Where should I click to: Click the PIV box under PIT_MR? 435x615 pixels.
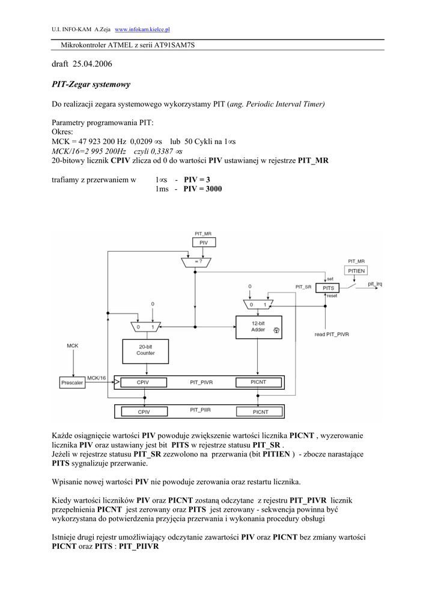tap(204, 243)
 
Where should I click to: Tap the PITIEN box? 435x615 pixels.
tap(356, 271)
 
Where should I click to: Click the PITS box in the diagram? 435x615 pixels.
tap(328, 288)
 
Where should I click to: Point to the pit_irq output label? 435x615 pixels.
tap(376, 284)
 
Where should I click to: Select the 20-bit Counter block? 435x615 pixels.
tap(145, 350)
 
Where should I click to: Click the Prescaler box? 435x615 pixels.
tap(72, 383)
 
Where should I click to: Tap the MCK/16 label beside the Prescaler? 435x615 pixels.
tap(97, 377)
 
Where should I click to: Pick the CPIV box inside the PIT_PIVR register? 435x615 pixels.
tap(144, 382)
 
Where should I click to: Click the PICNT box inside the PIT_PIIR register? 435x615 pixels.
tap(260, 412)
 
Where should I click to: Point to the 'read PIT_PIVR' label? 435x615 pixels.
tap(332, 334)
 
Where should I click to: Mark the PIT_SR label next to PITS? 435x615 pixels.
tap(303, 288)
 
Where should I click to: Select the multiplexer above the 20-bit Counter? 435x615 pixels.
tap(145, 326)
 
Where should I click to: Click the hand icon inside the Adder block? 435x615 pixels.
tap(276, 330)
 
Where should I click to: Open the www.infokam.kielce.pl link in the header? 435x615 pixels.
tap(142, 29)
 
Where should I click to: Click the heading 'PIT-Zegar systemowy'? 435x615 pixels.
tap(91, 84)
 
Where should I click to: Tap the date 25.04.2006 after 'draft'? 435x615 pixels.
tap(93, 64)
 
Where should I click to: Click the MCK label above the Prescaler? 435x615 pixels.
tap(72, 345)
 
